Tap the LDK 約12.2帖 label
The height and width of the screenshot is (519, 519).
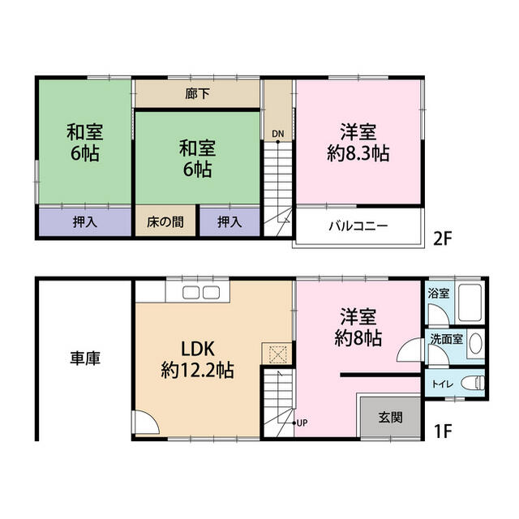point(197,360)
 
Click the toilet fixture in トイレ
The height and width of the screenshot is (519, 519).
point(470,383)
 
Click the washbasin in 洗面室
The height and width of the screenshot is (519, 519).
point(476,342)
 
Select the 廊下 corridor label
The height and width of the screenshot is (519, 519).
point(197,94)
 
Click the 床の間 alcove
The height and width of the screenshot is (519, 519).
point(165,222)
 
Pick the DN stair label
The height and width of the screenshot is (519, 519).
point(278,134)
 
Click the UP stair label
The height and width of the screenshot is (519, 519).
point(302,422)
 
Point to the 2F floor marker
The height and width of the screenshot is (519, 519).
point(442,238)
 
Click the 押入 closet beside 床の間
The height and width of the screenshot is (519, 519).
point(229,222)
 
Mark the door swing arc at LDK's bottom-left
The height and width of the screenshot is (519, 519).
point(146,424)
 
